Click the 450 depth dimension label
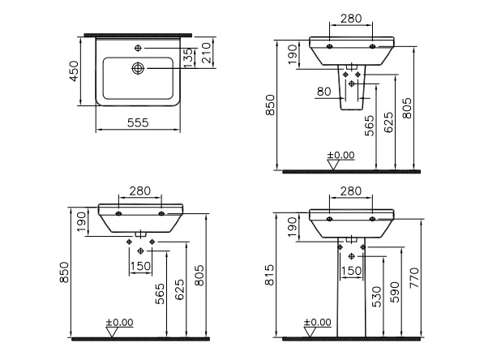[x=74, y=71]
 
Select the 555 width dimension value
[x=138, y=122]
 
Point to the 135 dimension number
[x=188, y=58]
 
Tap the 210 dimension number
[x=206, y=53]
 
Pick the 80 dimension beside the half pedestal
[x=323, y=92]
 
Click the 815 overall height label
[x=269, y=275]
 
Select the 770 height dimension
[x=414, y=277]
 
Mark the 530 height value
[x=377, y=297]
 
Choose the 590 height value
[x=395, y=292]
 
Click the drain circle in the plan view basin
[x=138, y=68]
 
